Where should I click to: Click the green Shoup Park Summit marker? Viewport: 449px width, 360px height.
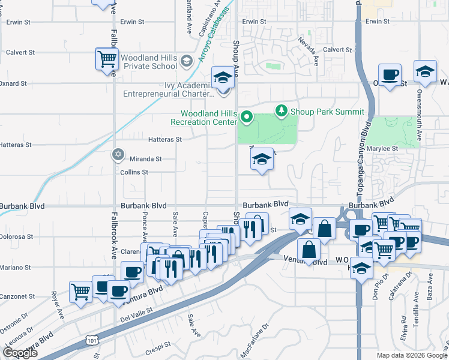(280, 111)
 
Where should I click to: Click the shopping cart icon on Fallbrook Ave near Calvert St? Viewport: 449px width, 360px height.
(106, 59)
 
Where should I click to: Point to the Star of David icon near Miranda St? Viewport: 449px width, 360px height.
(118, 155)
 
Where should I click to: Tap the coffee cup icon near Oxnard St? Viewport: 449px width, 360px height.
(390, 75)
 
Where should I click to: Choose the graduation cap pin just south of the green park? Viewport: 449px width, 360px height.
(262, 160)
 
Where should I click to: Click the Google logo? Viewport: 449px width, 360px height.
(20, 353)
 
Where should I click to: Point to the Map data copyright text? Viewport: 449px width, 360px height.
(412, 355)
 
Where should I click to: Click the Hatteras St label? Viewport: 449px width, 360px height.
(165, 139)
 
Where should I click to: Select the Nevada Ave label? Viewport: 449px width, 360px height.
(309, 52)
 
